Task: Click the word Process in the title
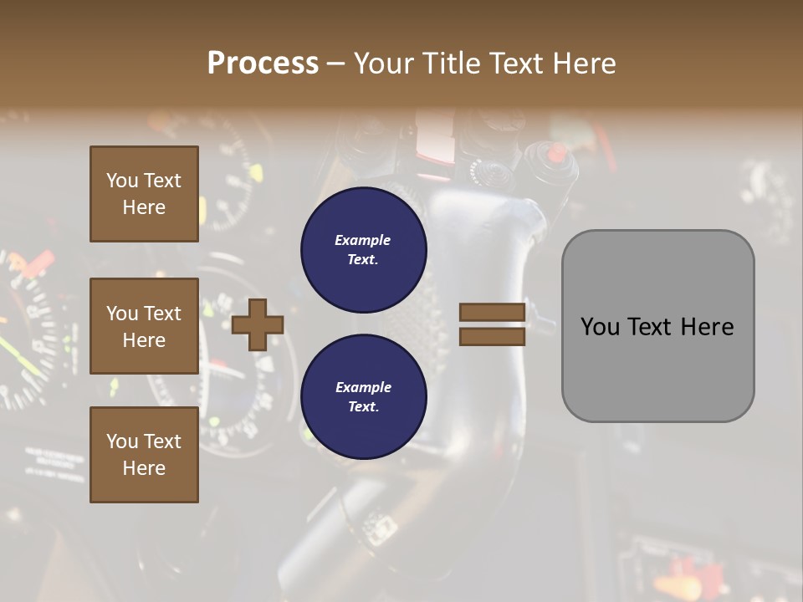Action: (x=263, y=63)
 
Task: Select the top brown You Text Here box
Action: (x=144, y=194)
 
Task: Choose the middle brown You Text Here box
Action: (x=144, y=326)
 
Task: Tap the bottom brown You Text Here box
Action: (x=144, y=455)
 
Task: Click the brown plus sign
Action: (x=257, y=324)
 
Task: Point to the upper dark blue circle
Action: (x=363, y=249)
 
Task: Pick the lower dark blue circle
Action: (x=363, y=396)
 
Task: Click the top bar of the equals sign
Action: (x=492, y=313)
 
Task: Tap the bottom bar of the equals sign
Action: (x=492, y=336)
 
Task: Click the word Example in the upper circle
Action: (x=363, y=240)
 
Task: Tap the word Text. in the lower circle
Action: (x=363, y=406)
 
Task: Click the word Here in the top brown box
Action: (x=144, y=207)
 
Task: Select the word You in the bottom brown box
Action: (x=122, y=441)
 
